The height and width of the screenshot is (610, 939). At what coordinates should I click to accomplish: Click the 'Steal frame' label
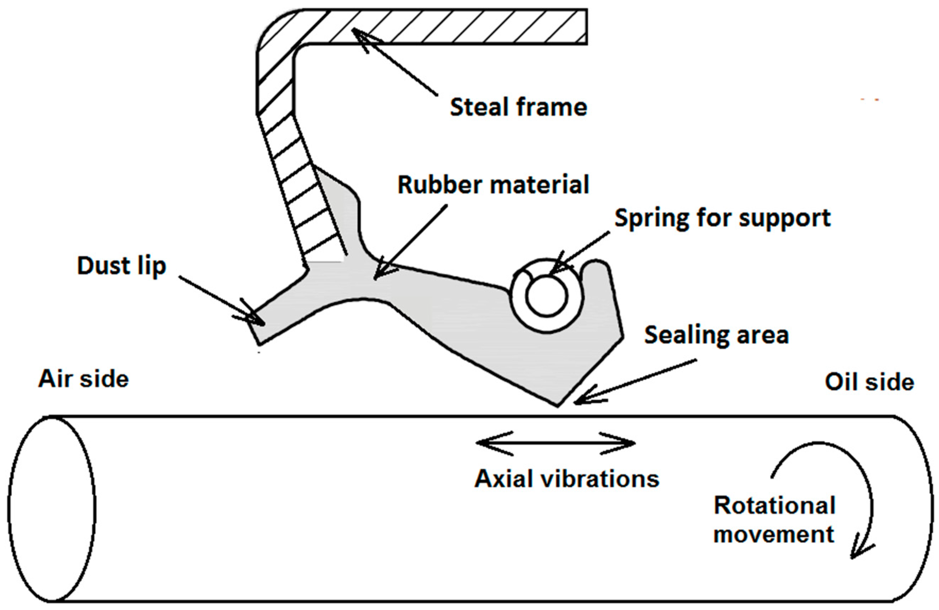click(518, 107)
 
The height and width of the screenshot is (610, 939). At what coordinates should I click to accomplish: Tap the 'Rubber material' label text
click(493, 185)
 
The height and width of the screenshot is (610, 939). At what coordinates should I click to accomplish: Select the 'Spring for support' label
click(722, 218)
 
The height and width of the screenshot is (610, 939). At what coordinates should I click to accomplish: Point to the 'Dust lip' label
click(122, 266)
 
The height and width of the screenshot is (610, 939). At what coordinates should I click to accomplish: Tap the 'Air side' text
click(84, 379)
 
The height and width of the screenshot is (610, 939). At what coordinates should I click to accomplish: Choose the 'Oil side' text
click(870, 382)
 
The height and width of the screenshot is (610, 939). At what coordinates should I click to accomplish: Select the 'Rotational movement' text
click(774, 520)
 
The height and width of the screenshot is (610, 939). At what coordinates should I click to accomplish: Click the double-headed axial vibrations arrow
click(556, 443)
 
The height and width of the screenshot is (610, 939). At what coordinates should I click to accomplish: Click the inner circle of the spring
click(546, 296)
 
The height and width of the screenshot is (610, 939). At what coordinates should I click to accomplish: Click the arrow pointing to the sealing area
click(635, 381)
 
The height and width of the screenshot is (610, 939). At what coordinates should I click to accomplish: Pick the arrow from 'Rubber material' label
click(410, 242)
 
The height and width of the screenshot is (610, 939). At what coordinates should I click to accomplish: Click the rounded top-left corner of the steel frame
click(272, 27)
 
